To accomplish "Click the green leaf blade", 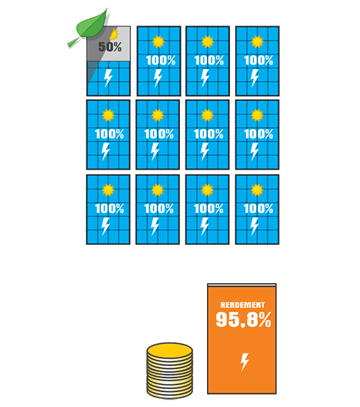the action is click(93, 25).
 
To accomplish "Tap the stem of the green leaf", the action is click(73, 43).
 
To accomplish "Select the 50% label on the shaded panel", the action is click(110, 47).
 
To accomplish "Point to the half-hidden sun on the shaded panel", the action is click(114, 35).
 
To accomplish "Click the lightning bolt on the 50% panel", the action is click(108, 78).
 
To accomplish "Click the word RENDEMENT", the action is click(243, 305).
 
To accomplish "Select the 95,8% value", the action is click(243, 319).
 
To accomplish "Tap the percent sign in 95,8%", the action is click(264, 319).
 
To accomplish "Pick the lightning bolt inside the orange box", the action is click(244, 361).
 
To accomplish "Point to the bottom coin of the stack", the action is click(170, 393).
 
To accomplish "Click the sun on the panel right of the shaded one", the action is click(159, 42).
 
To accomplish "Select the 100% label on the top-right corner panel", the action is click(258, 60).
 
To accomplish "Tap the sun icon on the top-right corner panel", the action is click(258, 42).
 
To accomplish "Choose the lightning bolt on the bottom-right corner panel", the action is click(255, 226).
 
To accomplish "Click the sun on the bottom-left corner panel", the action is click(108, 190).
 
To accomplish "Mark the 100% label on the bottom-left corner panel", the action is click(109, 209).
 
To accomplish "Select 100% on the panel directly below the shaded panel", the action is click(109, 134).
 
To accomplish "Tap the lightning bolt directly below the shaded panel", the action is click(106, 152).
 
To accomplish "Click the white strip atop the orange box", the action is click(242, 285).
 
